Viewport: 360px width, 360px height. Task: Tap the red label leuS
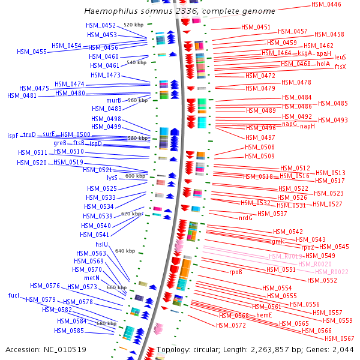pos(340,57)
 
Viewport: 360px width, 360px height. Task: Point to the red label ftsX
pos(340,67)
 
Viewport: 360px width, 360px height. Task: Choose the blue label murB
pos(113,100)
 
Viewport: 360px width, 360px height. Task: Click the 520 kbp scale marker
pos(133,25)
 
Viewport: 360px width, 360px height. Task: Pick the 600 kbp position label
pos(135,176)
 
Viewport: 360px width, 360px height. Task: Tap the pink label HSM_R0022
pos(334,272)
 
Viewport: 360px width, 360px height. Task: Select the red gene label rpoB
pos(236,272)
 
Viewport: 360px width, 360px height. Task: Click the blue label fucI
pos(14,295)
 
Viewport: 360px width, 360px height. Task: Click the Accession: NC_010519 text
pos(46,349)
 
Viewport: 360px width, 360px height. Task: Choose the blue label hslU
pos(102,244)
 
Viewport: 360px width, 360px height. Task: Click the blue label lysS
pos(112,178)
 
